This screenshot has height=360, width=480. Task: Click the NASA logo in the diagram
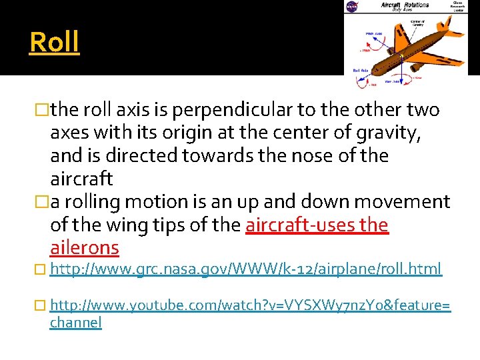tap(351, 7)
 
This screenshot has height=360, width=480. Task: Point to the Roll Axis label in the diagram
tap(361, 69)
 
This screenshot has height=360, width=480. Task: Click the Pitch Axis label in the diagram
tap(373, 33)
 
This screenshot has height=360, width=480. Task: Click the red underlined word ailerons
tap(85, 248)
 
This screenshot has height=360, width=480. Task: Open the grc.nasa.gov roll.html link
tap(245, 269)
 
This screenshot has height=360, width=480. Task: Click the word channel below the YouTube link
tap(76, 323)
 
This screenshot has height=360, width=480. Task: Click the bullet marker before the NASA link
tap(44, 269)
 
